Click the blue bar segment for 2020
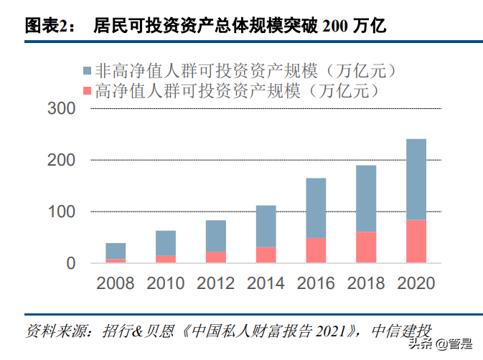[416, 179]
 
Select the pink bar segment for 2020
[416, 241]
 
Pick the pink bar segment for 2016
[316, 250]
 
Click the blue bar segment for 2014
[266, 226]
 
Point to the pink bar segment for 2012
[215, 257]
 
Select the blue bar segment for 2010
[165, 243]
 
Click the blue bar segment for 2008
[116, 251]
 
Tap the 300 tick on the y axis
[61, 109]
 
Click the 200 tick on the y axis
[61, 161]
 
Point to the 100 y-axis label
[61, 212]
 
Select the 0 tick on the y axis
[70, 264]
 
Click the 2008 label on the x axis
[116, 283]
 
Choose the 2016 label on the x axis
[316, 283]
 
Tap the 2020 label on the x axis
[416, 283]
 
